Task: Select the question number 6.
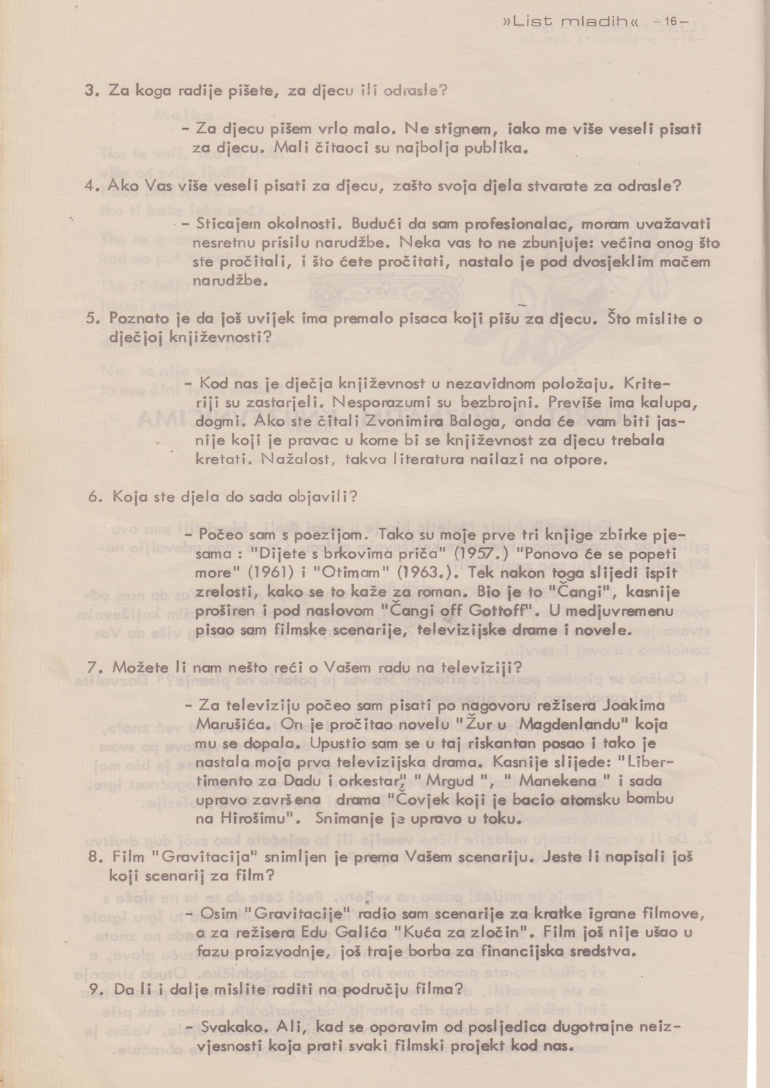96,497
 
